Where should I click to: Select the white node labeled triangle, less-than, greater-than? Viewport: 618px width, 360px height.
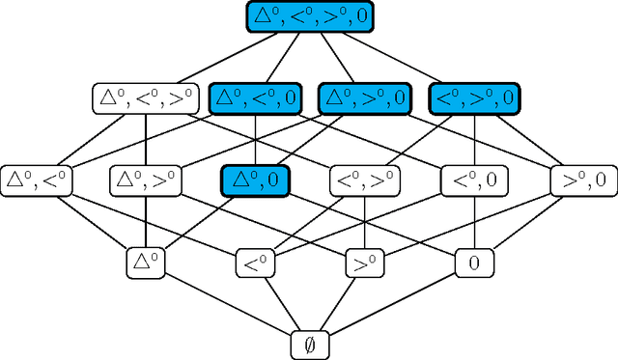click(x=144, y=97)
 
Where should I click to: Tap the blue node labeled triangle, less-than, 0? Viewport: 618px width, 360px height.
click(x=255, y=97)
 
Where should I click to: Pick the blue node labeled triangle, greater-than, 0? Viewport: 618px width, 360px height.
click(x=364, y=97)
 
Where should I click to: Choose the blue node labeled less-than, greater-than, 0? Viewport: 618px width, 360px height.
click(x=474, y=97)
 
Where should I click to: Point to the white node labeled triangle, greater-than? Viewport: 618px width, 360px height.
click(x=145, y=180)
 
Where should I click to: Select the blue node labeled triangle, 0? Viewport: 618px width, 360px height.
click(x=255, y=180)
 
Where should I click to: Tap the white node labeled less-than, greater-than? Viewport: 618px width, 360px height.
click(x=363, y=180)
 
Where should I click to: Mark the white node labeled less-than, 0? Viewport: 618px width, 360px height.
click(x=474, y=180)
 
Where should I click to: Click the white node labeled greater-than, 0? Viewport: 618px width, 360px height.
click(x=584, y=180)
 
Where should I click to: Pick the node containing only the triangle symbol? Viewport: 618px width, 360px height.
click(x=145, y=261)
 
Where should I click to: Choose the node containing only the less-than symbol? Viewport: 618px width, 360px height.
click(x=255, y=261)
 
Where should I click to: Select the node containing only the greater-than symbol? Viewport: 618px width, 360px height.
click(x=363, y=261)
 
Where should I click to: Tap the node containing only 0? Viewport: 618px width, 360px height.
click(x=474, y=261)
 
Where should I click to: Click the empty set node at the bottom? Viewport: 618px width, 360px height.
click(x=309, y=342)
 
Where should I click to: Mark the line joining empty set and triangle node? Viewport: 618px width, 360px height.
click(x=227, y=301)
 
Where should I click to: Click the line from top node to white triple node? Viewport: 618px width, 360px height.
click(x=227, y=56)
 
